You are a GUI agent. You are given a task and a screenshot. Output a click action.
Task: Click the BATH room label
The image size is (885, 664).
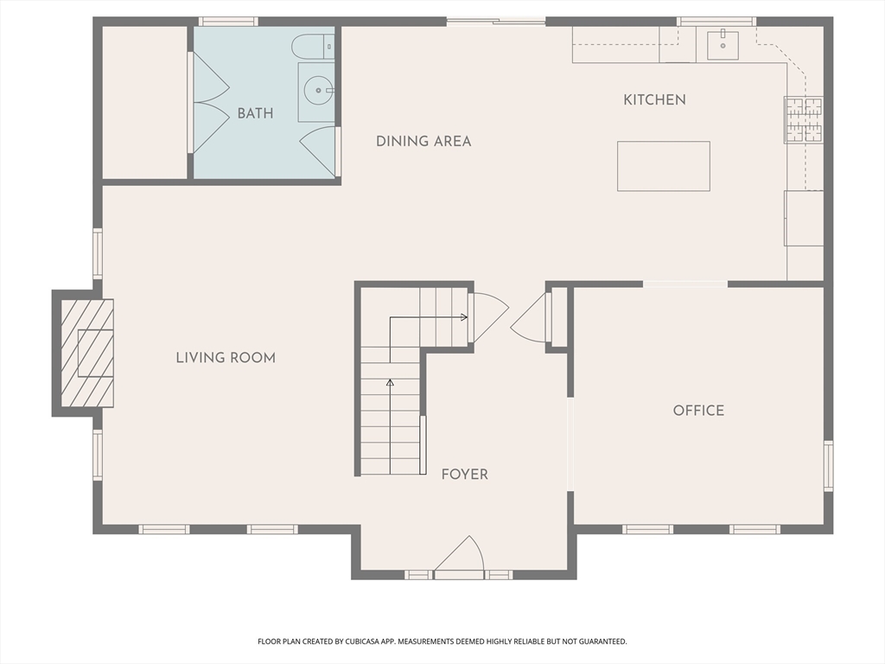255,113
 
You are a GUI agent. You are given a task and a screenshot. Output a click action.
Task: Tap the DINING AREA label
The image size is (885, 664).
423,141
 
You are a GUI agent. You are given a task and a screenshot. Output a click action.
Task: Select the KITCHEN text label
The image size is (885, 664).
655,100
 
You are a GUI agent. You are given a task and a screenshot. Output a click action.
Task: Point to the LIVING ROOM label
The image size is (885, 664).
226,358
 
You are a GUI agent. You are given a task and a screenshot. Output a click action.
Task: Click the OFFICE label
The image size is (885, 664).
698,411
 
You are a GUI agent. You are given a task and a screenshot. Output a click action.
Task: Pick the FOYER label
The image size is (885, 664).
464,475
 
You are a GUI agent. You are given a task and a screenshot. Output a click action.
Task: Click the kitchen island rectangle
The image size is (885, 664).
664,166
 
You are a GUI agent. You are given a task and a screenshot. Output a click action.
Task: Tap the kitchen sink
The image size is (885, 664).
723,45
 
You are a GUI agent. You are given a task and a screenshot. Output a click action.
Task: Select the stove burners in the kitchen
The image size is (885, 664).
804,119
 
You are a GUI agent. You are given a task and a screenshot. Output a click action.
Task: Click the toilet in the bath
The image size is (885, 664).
313,47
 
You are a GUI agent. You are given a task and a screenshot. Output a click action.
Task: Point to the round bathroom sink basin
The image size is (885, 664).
318,90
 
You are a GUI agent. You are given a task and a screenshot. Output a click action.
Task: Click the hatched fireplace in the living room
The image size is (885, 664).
87,353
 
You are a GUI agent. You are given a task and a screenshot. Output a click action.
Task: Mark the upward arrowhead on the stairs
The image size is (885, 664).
390,383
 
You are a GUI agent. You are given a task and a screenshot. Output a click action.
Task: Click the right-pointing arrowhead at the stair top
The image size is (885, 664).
464,317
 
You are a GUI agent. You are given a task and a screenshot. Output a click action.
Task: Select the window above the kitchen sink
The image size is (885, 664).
716,22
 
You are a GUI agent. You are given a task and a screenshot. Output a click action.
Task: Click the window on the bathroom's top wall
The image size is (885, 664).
228,22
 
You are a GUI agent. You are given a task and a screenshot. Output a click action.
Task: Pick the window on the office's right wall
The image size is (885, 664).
829,466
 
